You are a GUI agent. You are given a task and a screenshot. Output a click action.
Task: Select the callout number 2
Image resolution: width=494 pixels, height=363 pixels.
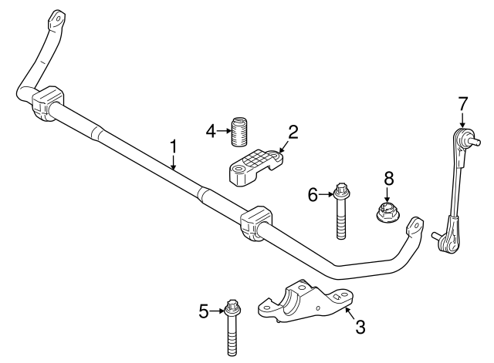(x=293, y=133)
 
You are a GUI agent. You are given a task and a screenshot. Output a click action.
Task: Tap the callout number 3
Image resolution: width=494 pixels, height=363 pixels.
(x=360, y=326)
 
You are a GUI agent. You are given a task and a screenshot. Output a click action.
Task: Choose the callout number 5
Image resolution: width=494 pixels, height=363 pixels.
(x=204, y=311)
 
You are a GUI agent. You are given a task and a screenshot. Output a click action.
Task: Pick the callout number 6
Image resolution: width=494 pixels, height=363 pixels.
(x=313, y=196)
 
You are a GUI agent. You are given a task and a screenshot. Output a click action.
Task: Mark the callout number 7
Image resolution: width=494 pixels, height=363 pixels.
(x=462, y=103)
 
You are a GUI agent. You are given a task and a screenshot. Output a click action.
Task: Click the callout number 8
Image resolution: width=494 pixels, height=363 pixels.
(x=389, y=179)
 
